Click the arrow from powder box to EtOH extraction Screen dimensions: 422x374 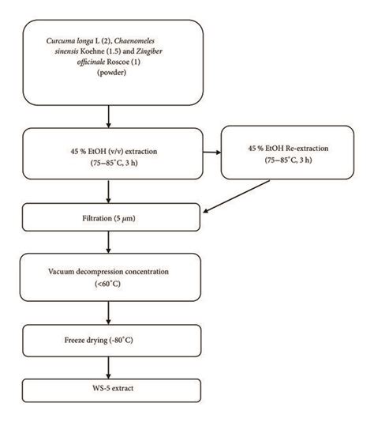pos(109,117)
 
